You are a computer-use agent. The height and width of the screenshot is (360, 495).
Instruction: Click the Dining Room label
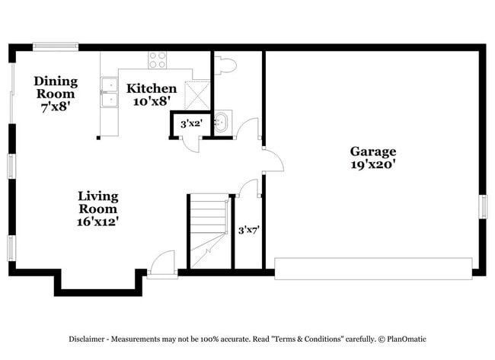coord(56,88)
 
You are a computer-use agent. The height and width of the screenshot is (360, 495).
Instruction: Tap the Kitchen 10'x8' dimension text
coord(152,101)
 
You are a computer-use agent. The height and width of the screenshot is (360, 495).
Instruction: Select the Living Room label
coord(98,202)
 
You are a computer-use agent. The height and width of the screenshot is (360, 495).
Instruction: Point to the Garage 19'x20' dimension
coord(373,164)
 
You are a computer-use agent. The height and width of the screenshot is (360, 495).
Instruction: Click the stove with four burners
coord(157,60)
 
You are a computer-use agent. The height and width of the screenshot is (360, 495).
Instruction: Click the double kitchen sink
coord(109,92)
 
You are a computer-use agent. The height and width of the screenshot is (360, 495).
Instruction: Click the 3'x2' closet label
coord(191,123)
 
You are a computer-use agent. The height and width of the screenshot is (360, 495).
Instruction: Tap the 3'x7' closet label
coord(249,230)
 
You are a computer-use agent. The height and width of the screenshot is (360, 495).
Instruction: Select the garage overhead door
coord(373,269)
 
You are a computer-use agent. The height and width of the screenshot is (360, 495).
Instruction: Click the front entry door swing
coord(162,263)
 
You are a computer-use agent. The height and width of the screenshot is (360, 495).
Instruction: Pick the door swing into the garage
coord(273,161)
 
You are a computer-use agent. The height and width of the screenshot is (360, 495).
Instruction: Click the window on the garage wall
coord(483,207)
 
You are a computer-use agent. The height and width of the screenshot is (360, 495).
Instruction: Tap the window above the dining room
coord(56,46)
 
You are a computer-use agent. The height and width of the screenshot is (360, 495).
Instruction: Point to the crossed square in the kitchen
coord(197,96)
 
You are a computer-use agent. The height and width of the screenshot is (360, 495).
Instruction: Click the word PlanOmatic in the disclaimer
coord(407,339)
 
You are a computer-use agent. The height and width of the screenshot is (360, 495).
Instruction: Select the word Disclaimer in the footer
coord(87,339)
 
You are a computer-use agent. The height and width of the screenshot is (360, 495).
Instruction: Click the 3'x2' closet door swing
coord(190,144)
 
